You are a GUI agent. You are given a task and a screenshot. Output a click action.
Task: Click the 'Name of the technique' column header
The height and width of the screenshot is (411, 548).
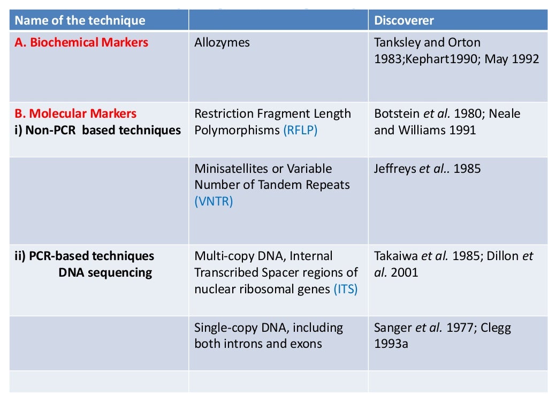80,21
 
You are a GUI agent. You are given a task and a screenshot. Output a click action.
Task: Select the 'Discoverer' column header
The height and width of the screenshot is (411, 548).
404,21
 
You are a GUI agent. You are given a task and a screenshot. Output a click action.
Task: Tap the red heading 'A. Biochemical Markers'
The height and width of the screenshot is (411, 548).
81,42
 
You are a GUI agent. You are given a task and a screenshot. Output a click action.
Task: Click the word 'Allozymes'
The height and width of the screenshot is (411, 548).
222,42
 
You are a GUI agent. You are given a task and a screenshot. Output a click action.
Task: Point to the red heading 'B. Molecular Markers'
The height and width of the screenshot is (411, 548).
75,113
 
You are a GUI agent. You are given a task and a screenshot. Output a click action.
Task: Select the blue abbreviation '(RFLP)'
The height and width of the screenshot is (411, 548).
300,130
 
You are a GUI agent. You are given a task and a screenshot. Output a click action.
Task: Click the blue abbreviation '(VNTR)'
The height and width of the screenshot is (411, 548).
214,202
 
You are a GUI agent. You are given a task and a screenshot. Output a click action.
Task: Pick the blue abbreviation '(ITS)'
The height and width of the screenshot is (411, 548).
346,289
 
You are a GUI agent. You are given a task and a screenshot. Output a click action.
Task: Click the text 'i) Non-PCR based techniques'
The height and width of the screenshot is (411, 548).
97,130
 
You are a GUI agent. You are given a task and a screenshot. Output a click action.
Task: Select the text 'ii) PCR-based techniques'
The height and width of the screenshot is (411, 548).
84,256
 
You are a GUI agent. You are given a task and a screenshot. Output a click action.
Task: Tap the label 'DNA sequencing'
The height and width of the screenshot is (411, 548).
105,272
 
